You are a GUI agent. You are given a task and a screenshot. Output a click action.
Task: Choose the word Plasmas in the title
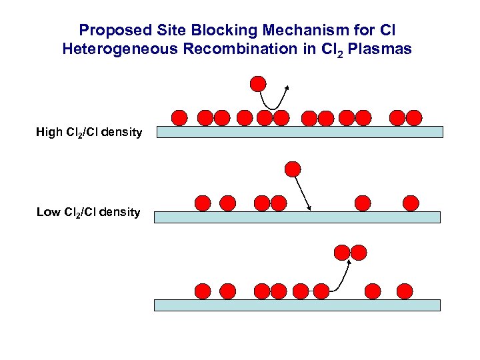tap(384, 49)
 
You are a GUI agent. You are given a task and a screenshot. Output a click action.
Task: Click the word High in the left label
tap(49, 132)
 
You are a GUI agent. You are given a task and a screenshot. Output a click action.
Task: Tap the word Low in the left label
tap(48, 212)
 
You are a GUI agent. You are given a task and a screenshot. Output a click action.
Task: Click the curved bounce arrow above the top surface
tap(273, 100)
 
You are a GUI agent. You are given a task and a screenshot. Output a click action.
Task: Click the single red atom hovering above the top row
tap(257, 83)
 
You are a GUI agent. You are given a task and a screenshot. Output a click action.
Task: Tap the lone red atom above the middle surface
tap(292, 169)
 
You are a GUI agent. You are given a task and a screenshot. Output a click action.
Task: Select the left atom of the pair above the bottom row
tap(342, 252)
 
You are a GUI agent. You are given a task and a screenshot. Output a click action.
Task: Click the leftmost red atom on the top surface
tap(179, 118)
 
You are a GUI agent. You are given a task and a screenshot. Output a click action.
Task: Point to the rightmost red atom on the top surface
tap(414, 118)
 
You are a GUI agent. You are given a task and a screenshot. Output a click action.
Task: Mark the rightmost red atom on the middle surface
tap(411, 203)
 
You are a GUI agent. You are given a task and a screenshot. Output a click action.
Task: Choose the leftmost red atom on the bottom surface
tap(203, 291)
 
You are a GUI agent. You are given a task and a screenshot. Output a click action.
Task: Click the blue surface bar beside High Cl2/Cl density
tap(300, 132)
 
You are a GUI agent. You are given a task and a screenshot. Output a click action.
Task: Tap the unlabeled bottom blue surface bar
tap(297, 305)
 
